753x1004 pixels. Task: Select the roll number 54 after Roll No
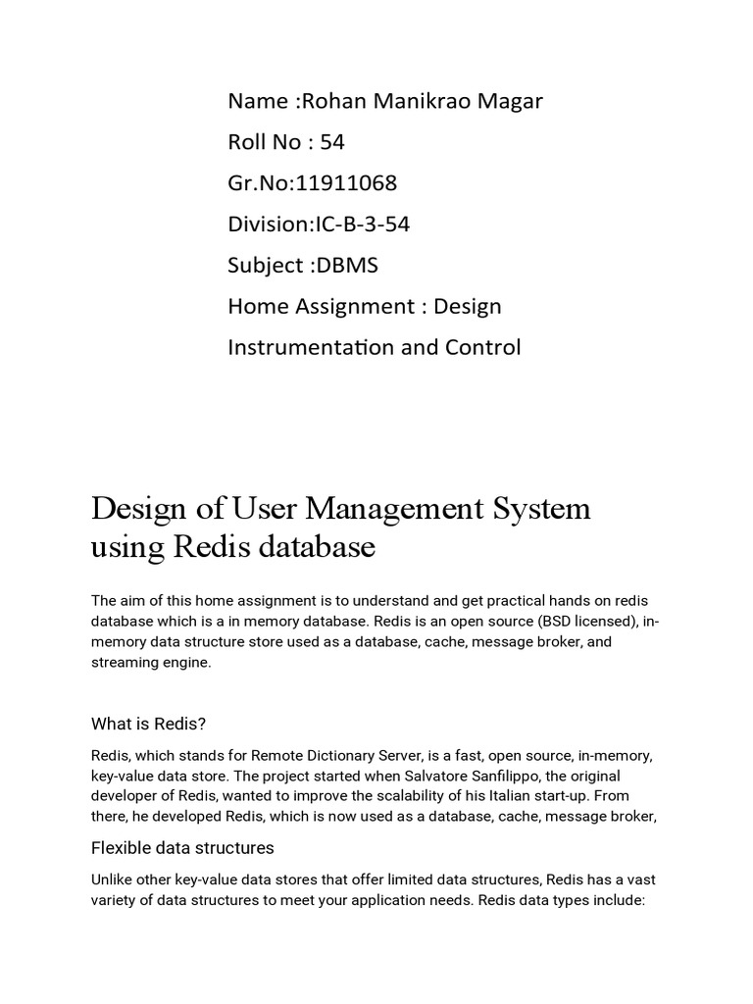pyautogui.click(x=332, y=142)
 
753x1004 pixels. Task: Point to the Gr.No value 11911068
pyautogui.click(x=349, y=183)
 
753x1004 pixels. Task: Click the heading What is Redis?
pyautogui.click(x=149, y=725)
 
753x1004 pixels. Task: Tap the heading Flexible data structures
pyautogui.click(x=182, y=847)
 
